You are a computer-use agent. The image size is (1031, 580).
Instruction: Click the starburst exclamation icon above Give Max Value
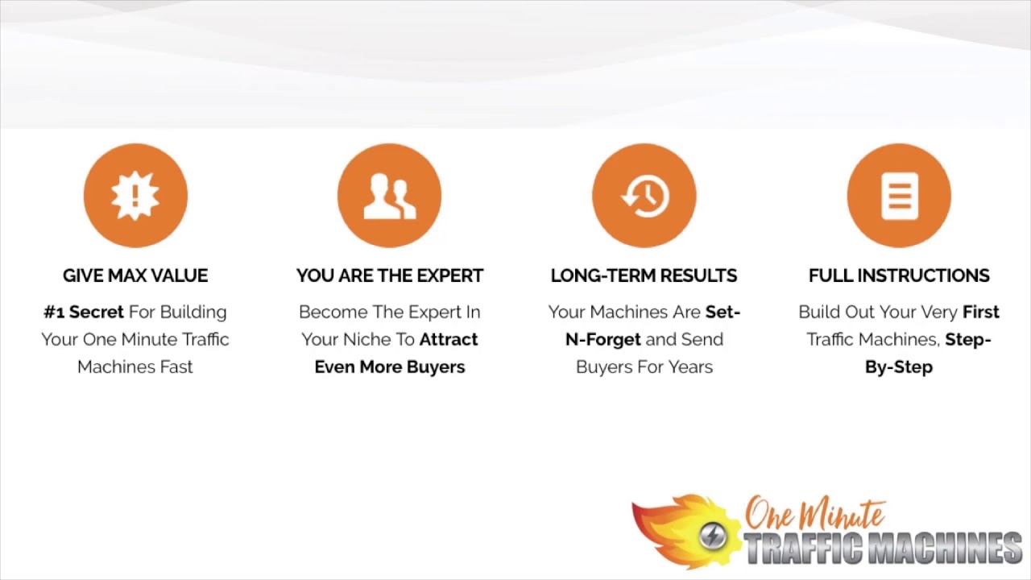[x=135, y=195]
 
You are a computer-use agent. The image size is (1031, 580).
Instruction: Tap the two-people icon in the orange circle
[x=390, y=195]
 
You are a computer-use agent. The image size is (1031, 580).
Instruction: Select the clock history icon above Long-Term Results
[x=644, y=195]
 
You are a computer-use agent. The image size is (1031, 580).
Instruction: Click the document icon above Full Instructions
[x=899, y=195]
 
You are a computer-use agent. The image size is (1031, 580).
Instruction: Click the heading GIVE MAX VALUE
[x=135, y=275]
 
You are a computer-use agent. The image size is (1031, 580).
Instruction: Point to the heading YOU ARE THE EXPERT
[x=390, y=275]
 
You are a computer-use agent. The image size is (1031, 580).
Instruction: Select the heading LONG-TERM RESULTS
[x=644, y=275]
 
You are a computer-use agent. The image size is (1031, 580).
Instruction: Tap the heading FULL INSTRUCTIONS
[x=899, y=275]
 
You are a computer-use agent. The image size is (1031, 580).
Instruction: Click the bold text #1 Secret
[x=84, y=312]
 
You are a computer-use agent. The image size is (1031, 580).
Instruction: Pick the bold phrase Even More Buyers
[x=390, y=367]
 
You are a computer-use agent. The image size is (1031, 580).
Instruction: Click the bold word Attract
[x=449, y=339]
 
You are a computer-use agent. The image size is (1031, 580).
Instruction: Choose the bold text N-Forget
[x=603, y=339]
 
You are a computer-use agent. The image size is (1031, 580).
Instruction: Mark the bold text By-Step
[x=899, y=367]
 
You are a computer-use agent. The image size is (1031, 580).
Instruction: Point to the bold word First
[x=980, y=312]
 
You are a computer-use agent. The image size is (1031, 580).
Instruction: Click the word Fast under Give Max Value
[x=176, y=367]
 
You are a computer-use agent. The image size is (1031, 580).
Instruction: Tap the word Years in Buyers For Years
[x=690, y=367]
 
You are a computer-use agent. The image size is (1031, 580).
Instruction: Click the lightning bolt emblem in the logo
[x=713, y=536]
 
